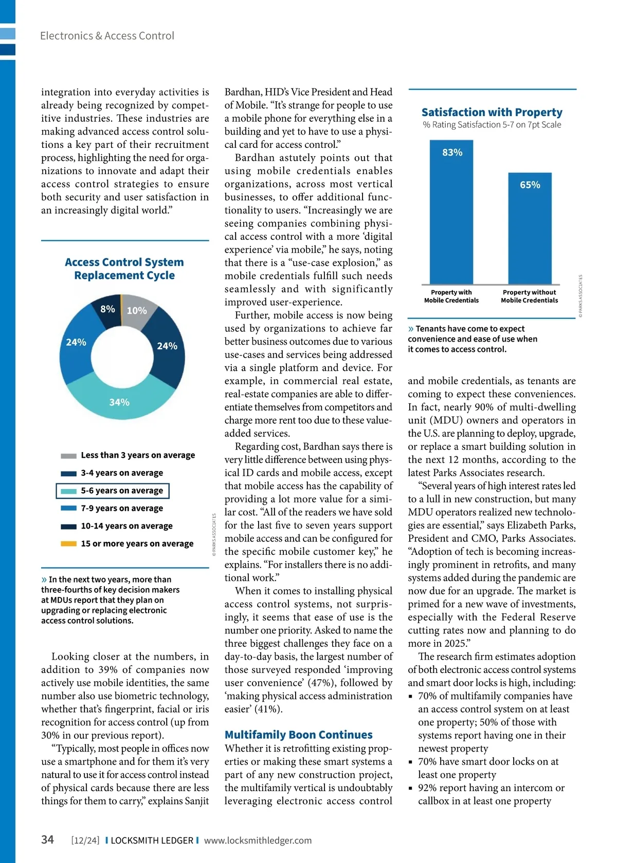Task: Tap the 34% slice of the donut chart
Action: pyautogui.click(x=119, y=402)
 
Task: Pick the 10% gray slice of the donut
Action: pyautogui.click(x=137, y=311)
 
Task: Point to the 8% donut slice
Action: pyautogui.click(x=108, y=309)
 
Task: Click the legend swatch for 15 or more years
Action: pyautogui.click(x=68, y=543)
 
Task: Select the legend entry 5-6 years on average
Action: pyautogui.click(x=121, y=491)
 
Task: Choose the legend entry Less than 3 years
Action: pyautogui.click(x=137, y=455)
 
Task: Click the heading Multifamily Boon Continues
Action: pyautogui.click(x=298, y=735)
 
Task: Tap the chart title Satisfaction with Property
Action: pyautogui.click(x=492, y=112)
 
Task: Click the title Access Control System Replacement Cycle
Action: pyautogui.click(x=124, y=269)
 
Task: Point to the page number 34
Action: pyautogui.click(x=47, y=839)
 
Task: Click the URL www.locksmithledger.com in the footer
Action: pyautogui.click(x=258, y=840)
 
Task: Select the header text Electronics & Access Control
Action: pyautogui.click(x=107, y=36)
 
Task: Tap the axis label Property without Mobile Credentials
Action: pyautogui.click(x=529, y=296)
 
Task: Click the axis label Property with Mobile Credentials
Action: pyautogui.click(x=451, y=296)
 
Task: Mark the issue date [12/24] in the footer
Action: pyautogui.click(x=85, y=840)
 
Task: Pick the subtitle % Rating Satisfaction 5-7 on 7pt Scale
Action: pyautogui.click(x=492, y=125)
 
